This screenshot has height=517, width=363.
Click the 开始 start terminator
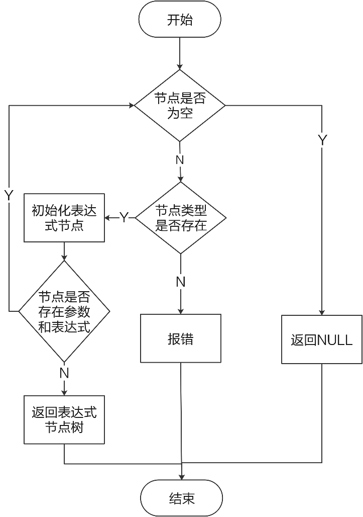(180, 21)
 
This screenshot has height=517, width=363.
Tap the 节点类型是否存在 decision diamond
(181, 218)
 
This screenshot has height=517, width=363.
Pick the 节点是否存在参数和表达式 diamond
(64, 312)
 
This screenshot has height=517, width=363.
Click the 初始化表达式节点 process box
(64, 218)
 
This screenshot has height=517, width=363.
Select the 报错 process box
(181, 338)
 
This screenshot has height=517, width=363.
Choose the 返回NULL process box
(322, 339)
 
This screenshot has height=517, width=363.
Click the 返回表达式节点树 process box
(64, 420)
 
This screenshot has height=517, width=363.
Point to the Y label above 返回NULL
(322, 140)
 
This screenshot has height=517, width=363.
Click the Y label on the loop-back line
(9, 195)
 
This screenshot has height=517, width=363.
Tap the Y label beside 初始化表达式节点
(124, 218)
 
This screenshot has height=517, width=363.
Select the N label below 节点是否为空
(180, 160)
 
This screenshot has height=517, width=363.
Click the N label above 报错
(181, 282)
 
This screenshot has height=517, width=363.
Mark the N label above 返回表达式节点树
(64, 373)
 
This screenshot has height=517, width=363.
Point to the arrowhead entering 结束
(181, 476)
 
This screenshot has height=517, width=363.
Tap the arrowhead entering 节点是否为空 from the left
(131, 106)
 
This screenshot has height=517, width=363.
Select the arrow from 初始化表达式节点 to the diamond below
(64, 251)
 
